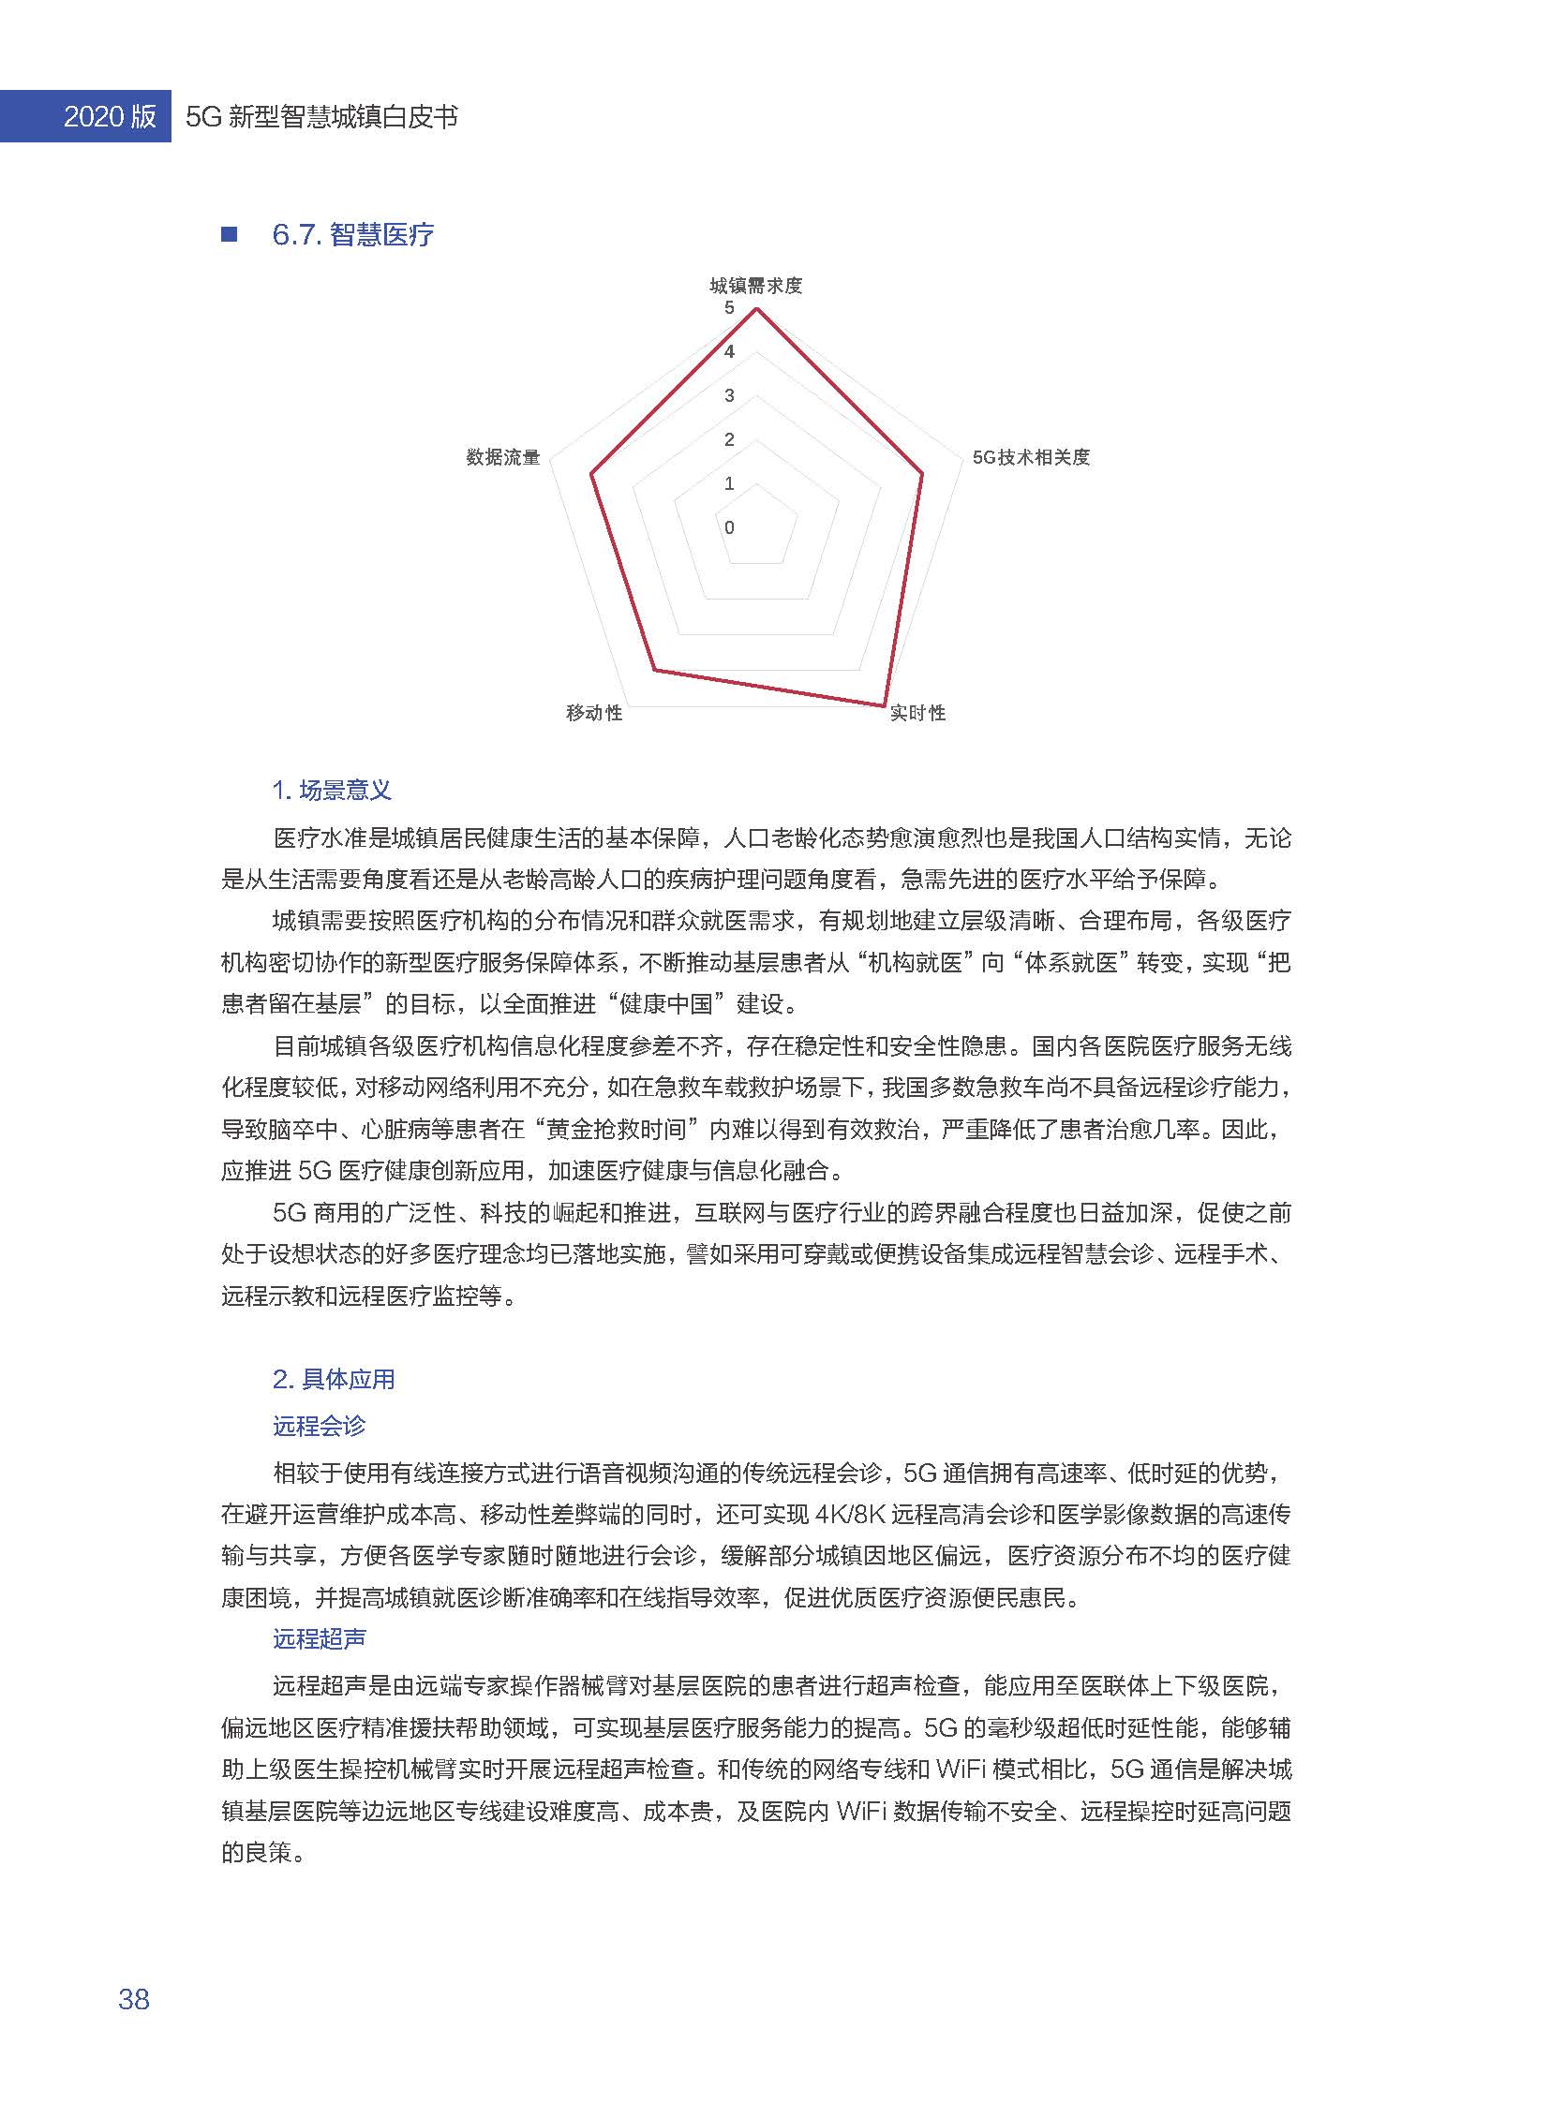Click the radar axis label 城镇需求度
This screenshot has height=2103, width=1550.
click(755, 285)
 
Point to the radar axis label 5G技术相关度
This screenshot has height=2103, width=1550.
click(1030, 458)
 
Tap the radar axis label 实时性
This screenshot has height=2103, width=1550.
click(917, 713)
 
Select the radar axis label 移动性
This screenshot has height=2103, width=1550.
click(594, 713)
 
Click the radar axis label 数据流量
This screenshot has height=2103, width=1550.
click(503, 458)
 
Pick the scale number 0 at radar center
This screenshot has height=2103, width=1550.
click(729, 528)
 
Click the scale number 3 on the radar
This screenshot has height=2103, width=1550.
click(729, 396)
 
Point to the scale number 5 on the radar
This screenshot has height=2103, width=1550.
click(729, 307)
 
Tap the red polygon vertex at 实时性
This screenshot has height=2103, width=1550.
click(884, 704)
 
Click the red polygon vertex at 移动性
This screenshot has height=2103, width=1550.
click(654, 669)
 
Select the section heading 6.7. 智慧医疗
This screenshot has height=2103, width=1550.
click(352, 234)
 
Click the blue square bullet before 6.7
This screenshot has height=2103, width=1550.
click(229, 234)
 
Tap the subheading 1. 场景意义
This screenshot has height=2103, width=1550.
click(331, 790)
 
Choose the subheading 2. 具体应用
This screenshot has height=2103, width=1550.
click(333, 1379)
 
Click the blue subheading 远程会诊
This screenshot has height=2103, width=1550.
click(319, 1426)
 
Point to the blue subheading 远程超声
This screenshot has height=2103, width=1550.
click(319, 1638)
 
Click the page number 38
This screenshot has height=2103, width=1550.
click(134, 1999)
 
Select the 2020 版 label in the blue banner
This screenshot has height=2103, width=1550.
click(109, 116)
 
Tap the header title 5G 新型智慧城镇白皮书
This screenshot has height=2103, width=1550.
click(321, 116)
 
